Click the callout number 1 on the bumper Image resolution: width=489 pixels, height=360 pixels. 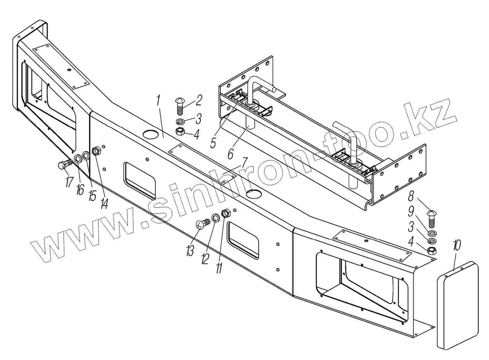pyautogui.click(x=158, y=100)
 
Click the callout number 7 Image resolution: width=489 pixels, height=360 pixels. pyautogui.click(x=244, y=163)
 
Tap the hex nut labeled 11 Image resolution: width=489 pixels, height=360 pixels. pyautogui.click(x=226, y=213)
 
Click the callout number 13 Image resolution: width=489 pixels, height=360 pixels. pyautogui.click(x=190, y=251)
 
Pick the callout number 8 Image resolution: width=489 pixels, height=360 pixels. pyautogui.click(x=411, y=196)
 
